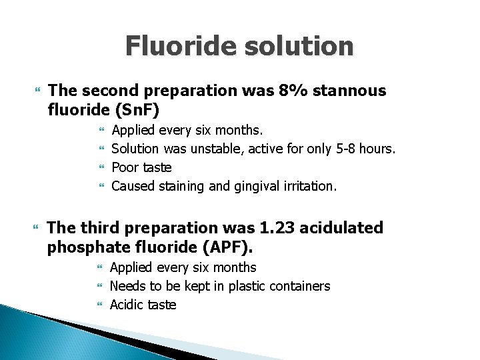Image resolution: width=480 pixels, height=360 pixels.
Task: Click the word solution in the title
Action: pyautogui.click(x=301, y=46)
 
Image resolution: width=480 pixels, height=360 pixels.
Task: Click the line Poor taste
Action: pyautogui.click(x=141, y=167)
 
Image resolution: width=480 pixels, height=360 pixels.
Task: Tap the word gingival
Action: pyautogui.click(x=263, y=186)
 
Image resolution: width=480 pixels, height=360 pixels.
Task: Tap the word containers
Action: pyautogui.click(x=298, y=286)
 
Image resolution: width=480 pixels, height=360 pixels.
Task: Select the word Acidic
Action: pyautogui.click(x=127, y=305)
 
